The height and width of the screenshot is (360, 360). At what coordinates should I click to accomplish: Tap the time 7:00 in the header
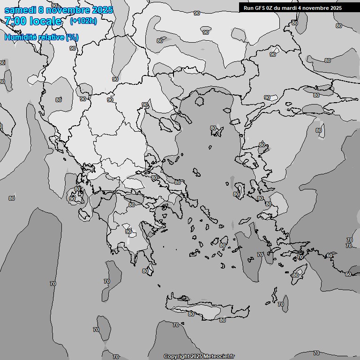tap(15, 21)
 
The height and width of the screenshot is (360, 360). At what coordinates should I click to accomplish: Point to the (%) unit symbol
tap(72, 37)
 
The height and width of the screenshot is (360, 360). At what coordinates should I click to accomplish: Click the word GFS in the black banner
tap(260, 8)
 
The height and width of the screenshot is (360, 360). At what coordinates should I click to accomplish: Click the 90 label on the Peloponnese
tap(128, 232)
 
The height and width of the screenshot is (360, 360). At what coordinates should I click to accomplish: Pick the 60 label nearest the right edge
tap(348, 274)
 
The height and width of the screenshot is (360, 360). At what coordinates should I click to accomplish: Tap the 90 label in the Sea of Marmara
tap(267, 97)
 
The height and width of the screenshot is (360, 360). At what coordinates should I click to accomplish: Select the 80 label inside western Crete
tap(191, 314)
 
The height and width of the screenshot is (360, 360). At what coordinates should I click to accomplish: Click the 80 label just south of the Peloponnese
tap(145, 271)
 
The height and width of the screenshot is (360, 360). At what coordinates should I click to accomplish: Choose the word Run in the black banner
tap(248, 8)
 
